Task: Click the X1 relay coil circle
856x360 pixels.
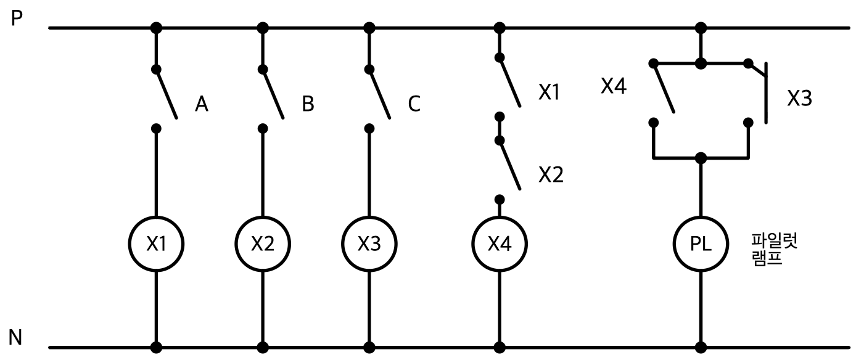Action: point(156,216)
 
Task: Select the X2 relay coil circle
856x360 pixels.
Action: point(263,216)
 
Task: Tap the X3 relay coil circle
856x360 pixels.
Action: point(369,216)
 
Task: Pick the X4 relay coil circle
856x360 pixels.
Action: point(500,216)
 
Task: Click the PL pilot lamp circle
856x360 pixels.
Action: point(701,216)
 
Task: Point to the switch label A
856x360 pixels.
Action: point(202,104)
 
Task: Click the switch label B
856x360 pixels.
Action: point(308,104)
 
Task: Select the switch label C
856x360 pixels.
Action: point(414,104)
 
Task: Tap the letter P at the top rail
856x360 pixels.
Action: point(17,18)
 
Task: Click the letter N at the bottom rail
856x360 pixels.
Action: point(15,338)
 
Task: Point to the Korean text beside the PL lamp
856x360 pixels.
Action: point(774,250)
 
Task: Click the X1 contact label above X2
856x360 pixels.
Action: point(549,92)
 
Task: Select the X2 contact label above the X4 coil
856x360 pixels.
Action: point(551,174)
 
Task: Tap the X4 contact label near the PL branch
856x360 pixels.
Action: point(614,86)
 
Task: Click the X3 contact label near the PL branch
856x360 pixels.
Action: point(800,98)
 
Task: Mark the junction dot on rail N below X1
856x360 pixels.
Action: point(156,348)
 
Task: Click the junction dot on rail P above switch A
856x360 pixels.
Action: point(156,28)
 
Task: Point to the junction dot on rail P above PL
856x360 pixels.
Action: point(701,28)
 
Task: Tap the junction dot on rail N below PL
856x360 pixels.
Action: point(701,348)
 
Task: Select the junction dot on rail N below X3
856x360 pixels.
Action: point(369,348)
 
